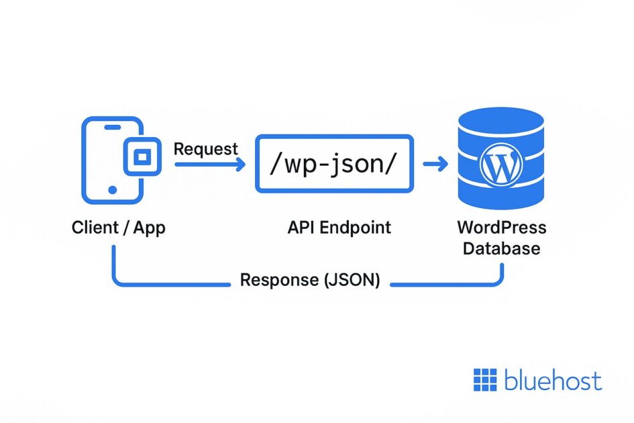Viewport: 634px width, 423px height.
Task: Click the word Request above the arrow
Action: click(x=205, y=148)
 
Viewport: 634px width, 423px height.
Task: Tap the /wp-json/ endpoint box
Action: click(x=334, y=164)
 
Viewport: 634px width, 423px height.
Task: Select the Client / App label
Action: click(x=118, y=228)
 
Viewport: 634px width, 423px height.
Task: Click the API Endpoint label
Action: click(x=339, y=228)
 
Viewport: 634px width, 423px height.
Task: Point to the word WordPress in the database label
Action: click(x=501, y=227)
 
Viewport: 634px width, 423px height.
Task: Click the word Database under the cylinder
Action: click(x=501, y=248)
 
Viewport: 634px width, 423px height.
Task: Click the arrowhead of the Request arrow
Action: click(x=242, y=164)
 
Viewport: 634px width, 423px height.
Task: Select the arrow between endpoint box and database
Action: click(x=435, y=164)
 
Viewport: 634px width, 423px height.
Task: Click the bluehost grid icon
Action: click(x=485, y=380)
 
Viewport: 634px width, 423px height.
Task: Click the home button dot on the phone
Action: click(x=112, y=190)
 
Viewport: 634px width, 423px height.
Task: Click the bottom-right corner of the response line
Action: click(x=499, y=282)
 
